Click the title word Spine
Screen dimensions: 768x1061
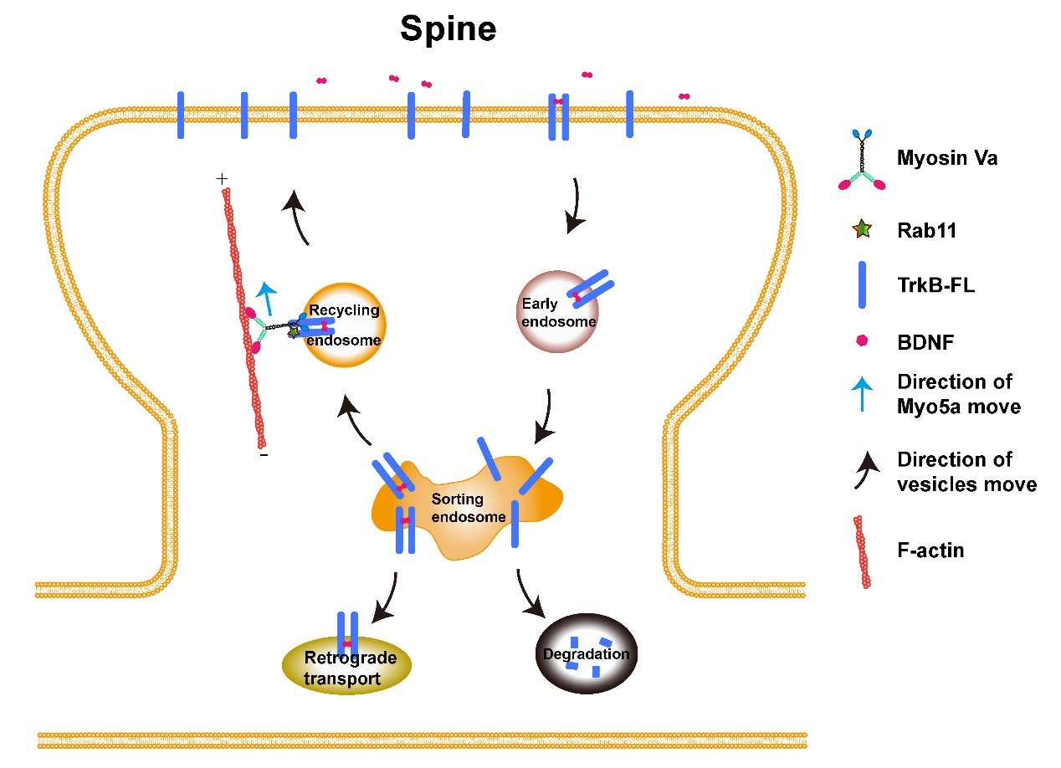448,29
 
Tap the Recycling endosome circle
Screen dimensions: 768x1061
344,324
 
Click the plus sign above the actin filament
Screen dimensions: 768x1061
222,178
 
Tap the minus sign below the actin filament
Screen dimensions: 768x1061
264,457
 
